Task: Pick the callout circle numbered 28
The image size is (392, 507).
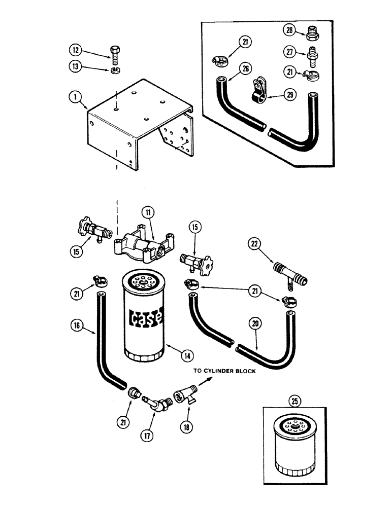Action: click(x=289, y=31)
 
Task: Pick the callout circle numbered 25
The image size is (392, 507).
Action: click(x=296, y=402)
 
